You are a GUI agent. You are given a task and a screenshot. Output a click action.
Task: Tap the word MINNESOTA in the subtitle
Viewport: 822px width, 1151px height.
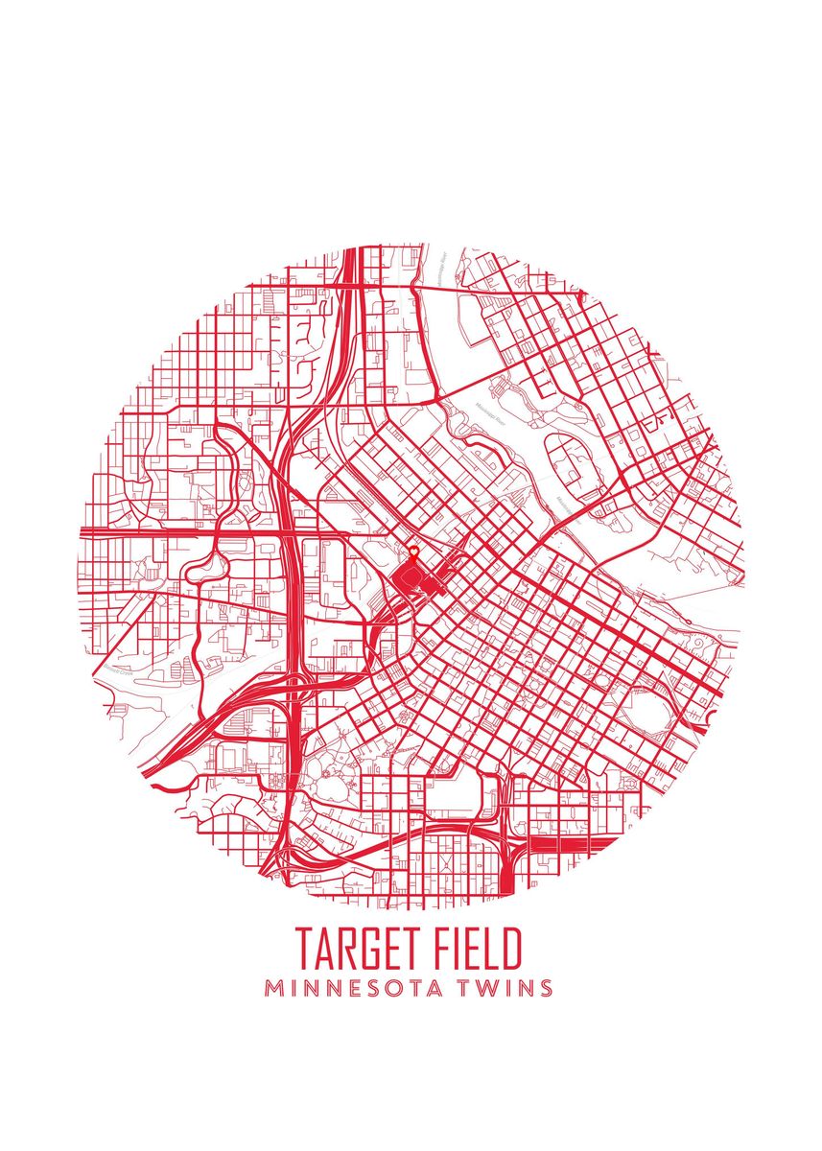click(355, 988)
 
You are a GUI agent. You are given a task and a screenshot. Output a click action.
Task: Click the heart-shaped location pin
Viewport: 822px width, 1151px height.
click(413, 551)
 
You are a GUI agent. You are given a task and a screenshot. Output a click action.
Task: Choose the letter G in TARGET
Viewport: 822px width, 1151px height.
click(370, 948)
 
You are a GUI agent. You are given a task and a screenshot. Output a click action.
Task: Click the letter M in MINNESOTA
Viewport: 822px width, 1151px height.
click(275, 988)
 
